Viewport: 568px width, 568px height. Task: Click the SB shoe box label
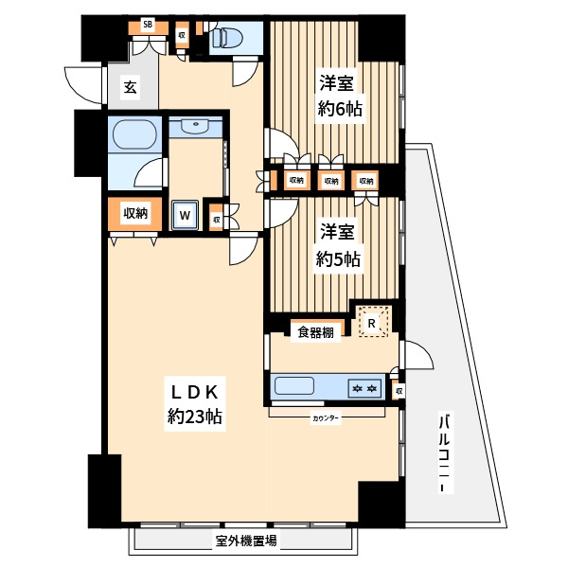point(148,25)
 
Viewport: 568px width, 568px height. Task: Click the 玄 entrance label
point(131,87)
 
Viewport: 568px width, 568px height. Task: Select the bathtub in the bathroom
point(134,134)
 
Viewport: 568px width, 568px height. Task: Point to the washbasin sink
point(196,125)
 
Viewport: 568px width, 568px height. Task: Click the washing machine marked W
point(185,215)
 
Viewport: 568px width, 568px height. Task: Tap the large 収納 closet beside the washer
point(135,214)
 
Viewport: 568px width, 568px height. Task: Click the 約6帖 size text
point(340,109)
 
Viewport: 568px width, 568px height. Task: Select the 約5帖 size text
point(338,259)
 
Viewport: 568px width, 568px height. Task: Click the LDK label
point(194,392)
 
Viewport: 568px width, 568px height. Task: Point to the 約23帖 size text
point(195,417)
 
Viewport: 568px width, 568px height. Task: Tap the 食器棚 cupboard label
point(315,332)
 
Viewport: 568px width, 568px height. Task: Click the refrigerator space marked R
point(371,323)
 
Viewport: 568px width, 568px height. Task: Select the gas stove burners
point(365,389)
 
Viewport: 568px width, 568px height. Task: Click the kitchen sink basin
point(294,386)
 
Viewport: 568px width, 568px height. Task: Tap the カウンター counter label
point(326,418)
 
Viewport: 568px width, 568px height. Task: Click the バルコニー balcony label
point(445,452)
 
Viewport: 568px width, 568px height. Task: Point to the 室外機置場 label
point(246,541)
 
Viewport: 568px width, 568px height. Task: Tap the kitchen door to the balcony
point(417,355)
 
